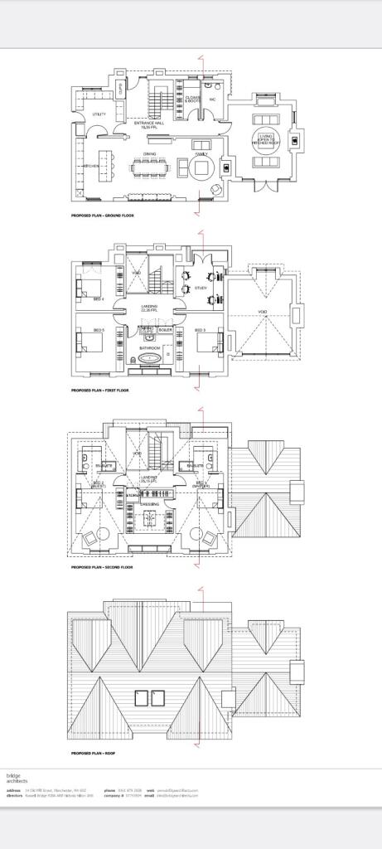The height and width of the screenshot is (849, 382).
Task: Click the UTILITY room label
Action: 99,114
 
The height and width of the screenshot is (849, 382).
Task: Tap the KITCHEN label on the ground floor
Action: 91,167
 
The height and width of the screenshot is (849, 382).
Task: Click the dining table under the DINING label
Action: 150,168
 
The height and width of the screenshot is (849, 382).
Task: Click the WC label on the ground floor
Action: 212,99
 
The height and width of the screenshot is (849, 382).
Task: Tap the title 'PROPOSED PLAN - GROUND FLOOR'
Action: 103,216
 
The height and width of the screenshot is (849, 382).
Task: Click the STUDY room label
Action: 201,288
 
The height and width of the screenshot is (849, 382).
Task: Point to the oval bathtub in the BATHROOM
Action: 150,359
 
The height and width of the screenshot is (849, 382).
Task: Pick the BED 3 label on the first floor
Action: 200,330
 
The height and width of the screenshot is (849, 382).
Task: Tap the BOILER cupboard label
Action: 165,330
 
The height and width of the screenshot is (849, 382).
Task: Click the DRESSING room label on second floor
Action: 150,504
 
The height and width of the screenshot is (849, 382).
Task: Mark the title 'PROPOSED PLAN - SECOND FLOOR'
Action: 102,568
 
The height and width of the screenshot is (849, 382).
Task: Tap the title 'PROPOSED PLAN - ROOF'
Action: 93,753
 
